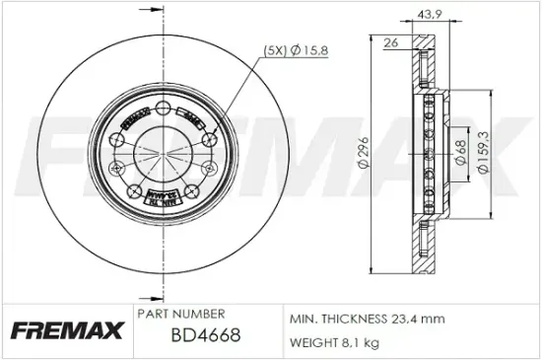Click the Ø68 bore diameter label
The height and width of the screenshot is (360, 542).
coord(460,152)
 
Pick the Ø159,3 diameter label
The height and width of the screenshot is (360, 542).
coord(483,153)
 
